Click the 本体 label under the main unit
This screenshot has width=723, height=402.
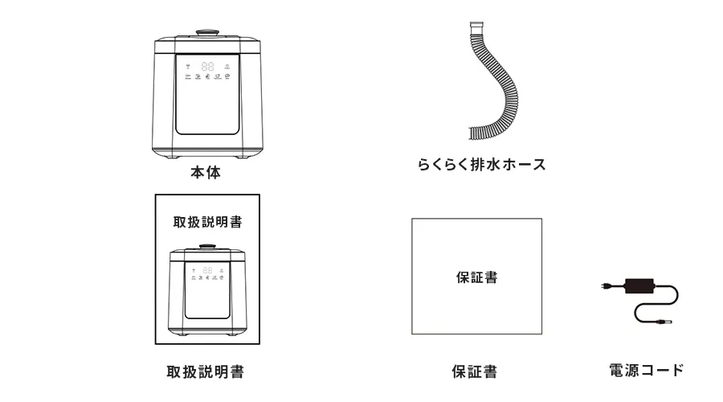206,172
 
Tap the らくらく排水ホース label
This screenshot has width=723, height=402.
481,164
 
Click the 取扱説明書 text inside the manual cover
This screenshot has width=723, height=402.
207,222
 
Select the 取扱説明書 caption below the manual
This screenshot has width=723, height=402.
205,371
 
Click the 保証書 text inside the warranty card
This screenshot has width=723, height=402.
476,277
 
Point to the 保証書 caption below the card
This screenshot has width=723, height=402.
475,371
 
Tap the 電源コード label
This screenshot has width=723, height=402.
646,370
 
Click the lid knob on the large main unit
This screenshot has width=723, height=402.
207,33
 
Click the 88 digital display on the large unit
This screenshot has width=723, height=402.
207,67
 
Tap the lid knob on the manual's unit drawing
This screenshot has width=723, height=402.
207,247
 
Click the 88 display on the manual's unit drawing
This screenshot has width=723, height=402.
207,270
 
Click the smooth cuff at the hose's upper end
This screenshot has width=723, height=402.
476,27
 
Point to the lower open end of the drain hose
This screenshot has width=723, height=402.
472,133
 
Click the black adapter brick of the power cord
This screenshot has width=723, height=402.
639,285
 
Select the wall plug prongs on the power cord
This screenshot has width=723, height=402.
606,286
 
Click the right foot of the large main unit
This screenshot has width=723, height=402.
241,157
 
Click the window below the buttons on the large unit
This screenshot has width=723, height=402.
207,108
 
